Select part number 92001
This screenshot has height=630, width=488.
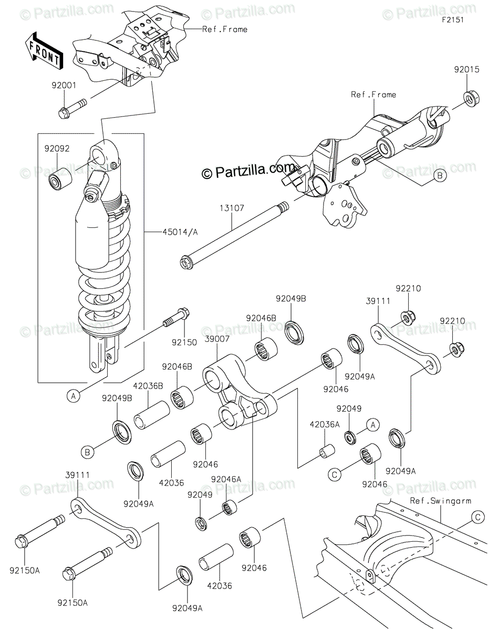pos(64,86)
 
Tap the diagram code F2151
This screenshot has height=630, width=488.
pos(453,20)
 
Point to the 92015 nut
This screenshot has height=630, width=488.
pos(471,99)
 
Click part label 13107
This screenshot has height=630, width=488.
pos(232,208)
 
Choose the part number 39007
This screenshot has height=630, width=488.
pos(217,339)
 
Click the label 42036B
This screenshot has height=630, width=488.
pos(148,386)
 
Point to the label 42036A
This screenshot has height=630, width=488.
pos(325,425)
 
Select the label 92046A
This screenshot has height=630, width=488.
pos(226,479)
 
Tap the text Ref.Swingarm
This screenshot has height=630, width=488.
pos(440,501)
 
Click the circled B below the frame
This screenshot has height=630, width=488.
pos(440,176)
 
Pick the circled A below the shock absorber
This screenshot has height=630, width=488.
pos(74,395)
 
